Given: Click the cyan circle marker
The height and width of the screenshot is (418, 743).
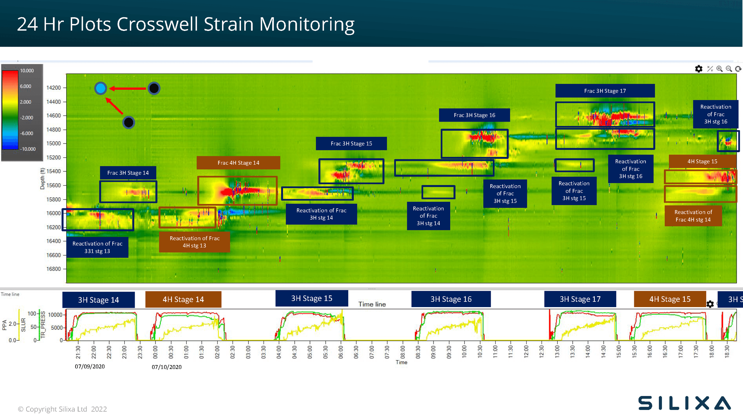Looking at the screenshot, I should pyautogui.click(x=100, y=88).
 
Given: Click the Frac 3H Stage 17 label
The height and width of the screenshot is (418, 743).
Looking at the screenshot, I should pyautogui.click(x=605, y=91).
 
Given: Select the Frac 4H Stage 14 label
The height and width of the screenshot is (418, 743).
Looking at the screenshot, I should pyautogui.click(x=238, y=163).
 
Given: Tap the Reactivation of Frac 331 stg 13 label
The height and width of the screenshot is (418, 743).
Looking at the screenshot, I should pyautogui.click(x=97, y=247).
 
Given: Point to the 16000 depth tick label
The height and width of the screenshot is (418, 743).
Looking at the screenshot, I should pyautogui.click(x=53, y=213).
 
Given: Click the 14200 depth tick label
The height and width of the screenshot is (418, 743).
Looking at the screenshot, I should pyautogui.click(x=53, y=88).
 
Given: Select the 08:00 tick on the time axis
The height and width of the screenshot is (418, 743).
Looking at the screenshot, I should pyautogui.click(x=402, y=352).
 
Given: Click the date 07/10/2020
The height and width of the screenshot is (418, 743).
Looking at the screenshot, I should pyautogui.click(x=166, y=367).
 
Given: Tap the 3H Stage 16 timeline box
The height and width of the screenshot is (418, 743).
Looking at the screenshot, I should pyautogui.click(x=451, y=299).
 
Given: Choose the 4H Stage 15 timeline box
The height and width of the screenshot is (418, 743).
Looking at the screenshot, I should pyautogui.click(x=670, y=299).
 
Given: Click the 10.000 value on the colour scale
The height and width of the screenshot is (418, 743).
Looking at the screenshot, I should pyautogui.click(x=27, y=71).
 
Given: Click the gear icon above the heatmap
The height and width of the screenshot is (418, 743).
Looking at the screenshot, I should pyautogui.click(x=698, y=69).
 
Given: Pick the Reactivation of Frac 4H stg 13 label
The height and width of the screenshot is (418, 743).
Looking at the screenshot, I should pyautogui.click(x=194, y=242).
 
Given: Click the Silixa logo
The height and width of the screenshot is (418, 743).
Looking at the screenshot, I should pyautogui.click(x=684, y=403).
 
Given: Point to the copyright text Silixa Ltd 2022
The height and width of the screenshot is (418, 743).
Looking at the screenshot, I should pyautogui.click(x=62, y=409).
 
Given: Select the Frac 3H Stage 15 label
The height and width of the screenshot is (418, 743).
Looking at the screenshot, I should pyautogui.click(x=351, y=144).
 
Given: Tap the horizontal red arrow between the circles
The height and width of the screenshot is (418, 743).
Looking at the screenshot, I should pyautogui.click(x=128, y=88).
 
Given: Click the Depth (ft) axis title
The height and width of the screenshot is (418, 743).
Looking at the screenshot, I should pyautogui.click(x=42, y=178).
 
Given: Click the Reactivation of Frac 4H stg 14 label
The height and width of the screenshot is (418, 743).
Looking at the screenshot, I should pyautogui.click(x=693, y=216).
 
